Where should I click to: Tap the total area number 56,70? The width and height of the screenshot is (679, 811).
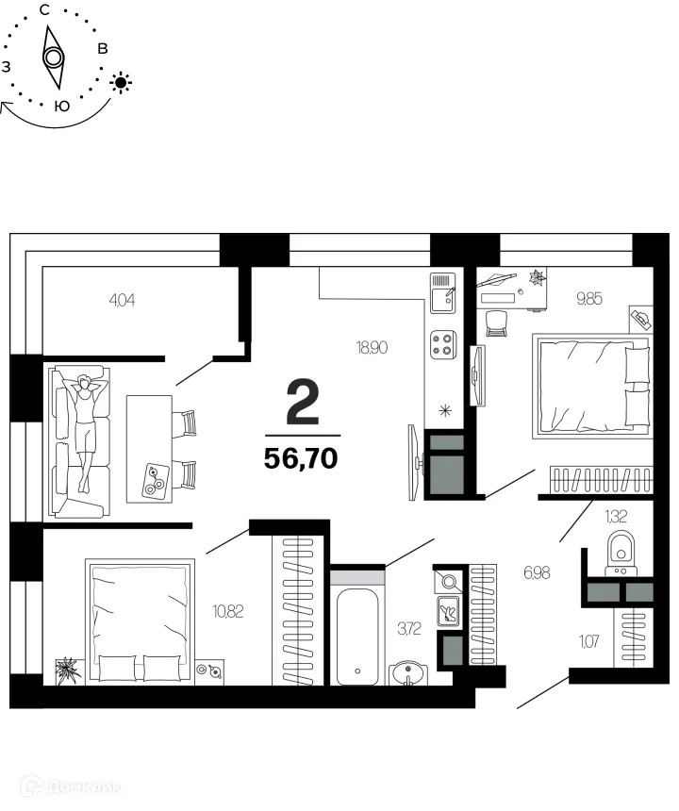(x=302, y=458)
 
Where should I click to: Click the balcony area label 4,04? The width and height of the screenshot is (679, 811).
(x=124, y=301)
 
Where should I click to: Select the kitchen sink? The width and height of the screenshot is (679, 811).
(x=442, y=293)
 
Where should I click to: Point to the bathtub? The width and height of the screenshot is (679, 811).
(x=357, y=627)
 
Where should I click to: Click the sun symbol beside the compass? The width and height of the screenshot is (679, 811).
(x=121, y=82)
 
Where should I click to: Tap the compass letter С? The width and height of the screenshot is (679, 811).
(x=44, y=10)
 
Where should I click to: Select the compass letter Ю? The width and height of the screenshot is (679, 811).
(x=61, y=106)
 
